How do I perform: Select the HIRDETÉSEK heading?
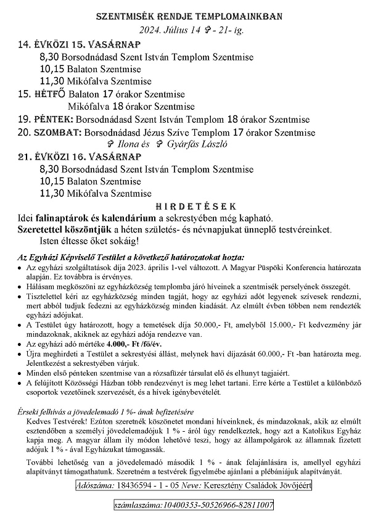pyautogui.click(x=185, y=206)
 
